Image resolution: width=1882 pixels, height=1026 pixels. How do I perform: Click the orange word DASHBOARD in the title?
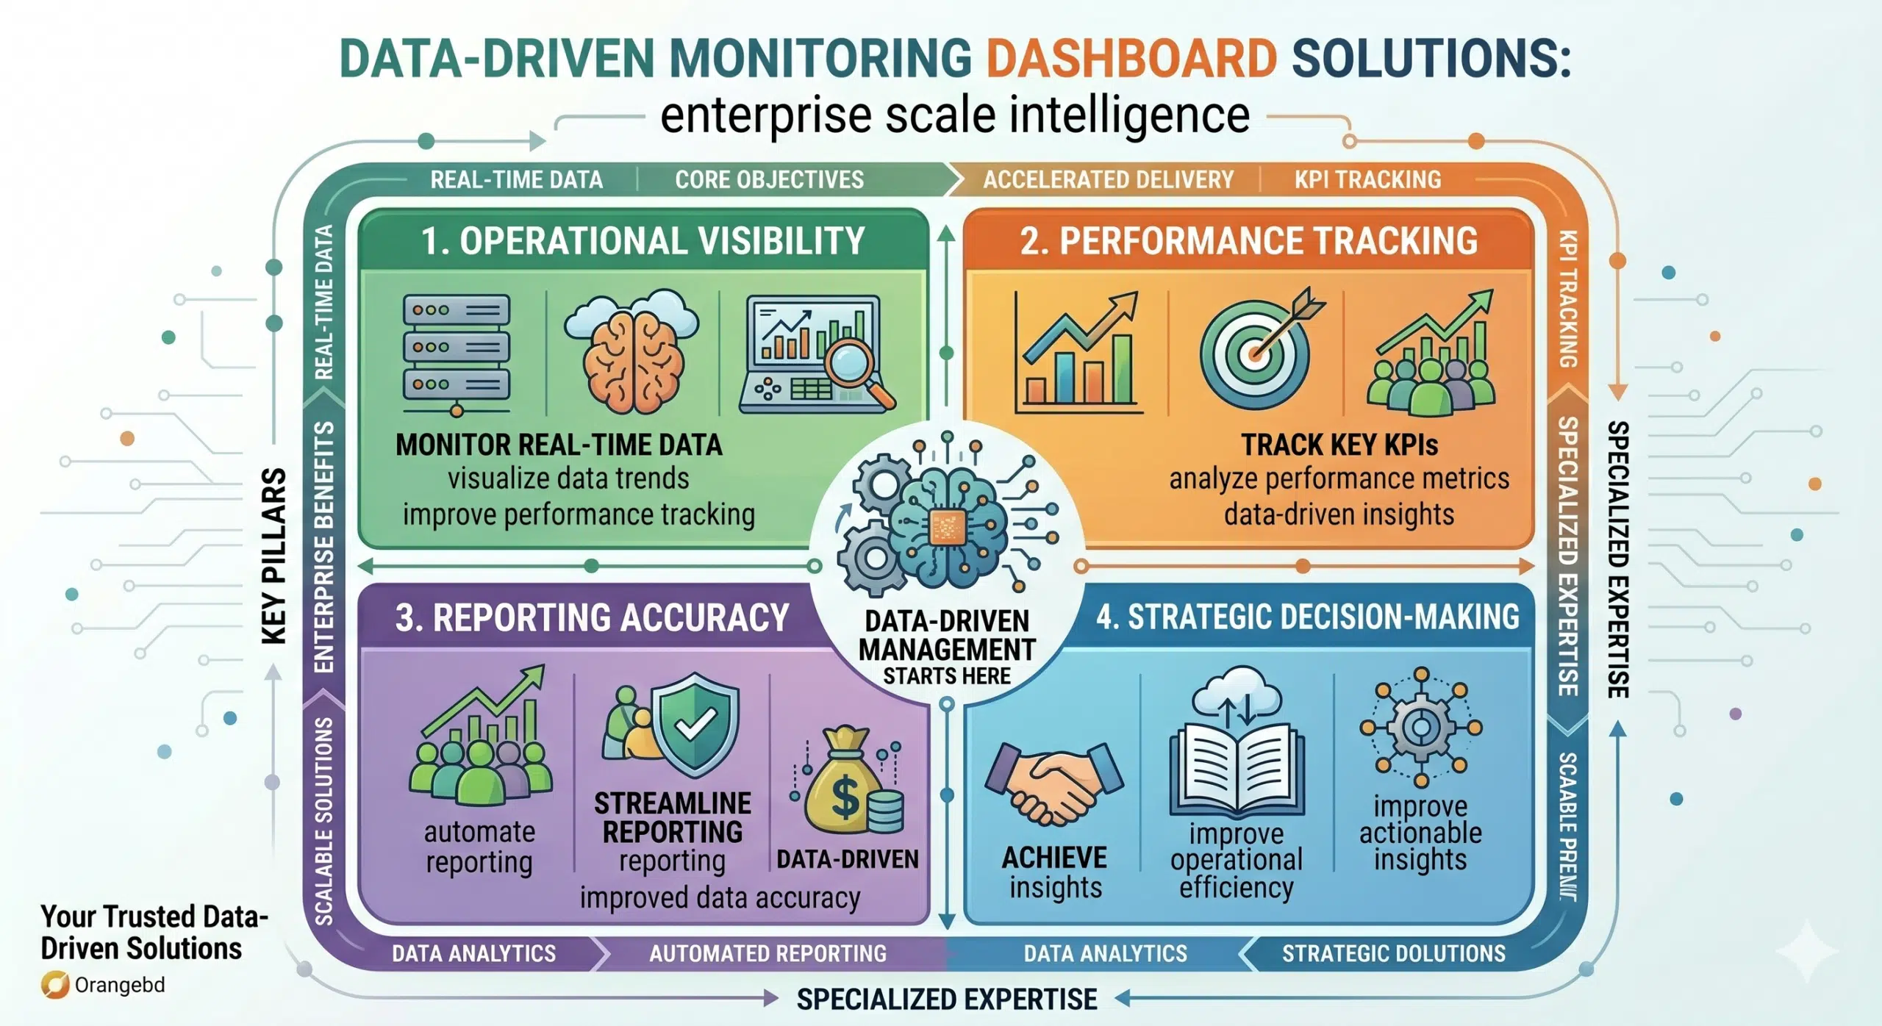1131,59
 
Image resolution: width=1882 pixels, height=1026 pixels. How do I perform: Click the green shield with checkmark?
694,725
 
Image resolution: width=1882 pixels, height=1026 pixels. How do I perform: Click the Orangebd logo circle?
55,986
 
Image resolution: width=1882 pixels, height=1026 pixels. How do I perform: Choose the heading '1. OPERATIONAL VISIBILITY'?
643,241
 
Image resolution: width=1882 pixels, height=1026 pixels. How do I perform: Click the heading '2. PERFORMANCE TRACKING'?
1248,241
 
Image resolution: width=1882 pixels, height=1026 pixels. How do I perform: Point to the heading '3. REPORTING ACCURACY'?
592,617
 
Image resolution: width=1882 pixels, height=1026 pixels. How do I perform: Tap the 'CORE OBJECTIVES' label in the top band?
770,180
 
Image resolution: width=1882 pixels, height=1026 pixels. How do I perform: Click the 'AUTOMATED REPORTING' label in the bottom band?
768,953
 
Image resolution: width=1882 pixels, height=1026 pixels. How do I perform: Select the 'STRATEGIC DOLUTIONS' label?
1394,953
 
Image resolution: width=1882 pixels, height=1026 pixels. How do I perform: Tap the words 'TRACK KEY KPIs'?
1339,445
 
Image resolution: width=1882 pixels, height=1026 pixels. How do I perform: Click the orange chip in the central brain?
947,526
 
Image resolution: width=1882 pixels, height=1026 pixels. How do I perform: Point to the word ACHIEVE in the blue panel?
1054,858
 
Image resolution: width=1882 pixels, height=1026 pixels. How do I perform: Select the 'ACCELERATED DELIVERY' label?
1109,180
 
